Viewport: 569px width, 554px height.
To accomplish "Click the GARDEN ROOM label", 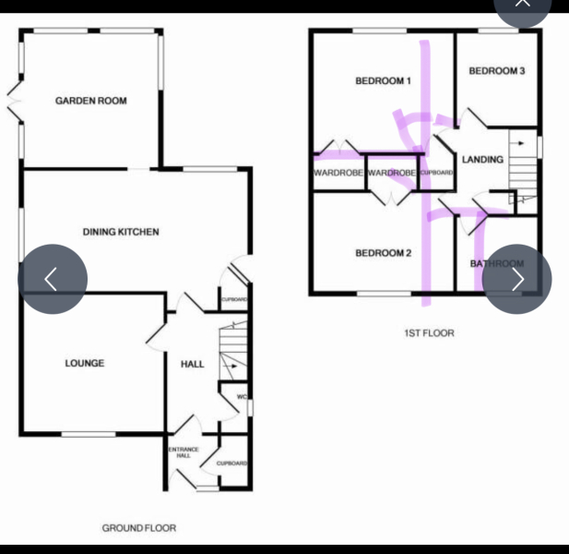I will tap(90, 101).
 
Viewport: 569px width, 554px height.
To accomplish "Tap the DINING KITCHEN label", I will tap(121, 232).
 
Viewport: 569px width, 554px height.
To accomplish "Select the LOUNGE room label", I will tap(84, 363).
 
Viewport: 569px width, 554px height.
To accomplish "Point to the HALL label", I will tap(193, 364).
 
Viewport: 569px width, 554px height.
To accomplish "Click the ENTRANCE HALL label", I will tap(183, 452).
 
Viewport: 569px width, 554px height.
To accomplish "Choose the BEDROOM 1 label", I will tap(383, 81).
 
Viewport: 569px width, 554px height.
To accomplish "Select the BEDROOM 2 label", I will tap(383, 253).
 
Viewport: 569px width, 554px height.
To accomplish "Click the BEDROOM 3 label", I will tap(497, 71).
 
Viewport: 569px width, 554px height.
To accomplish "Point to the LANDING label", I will tap(482, 160).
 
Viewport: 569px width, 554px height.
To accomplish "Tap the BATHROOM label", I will tap(497, 264).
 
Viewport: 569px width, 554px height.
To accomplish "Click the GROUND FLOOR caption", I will tap(138, 528).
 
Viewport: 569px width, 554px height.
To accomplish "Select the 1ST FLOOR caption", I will tap(429, 333).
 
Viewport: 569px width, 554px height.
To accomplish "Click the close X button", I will tap(523, 4).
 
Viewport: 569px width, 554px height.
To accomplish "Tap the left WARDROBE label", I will tap(338, 173).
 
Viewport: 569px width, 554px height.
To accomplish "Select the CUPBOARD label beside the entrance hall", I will tap(231, 463).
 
